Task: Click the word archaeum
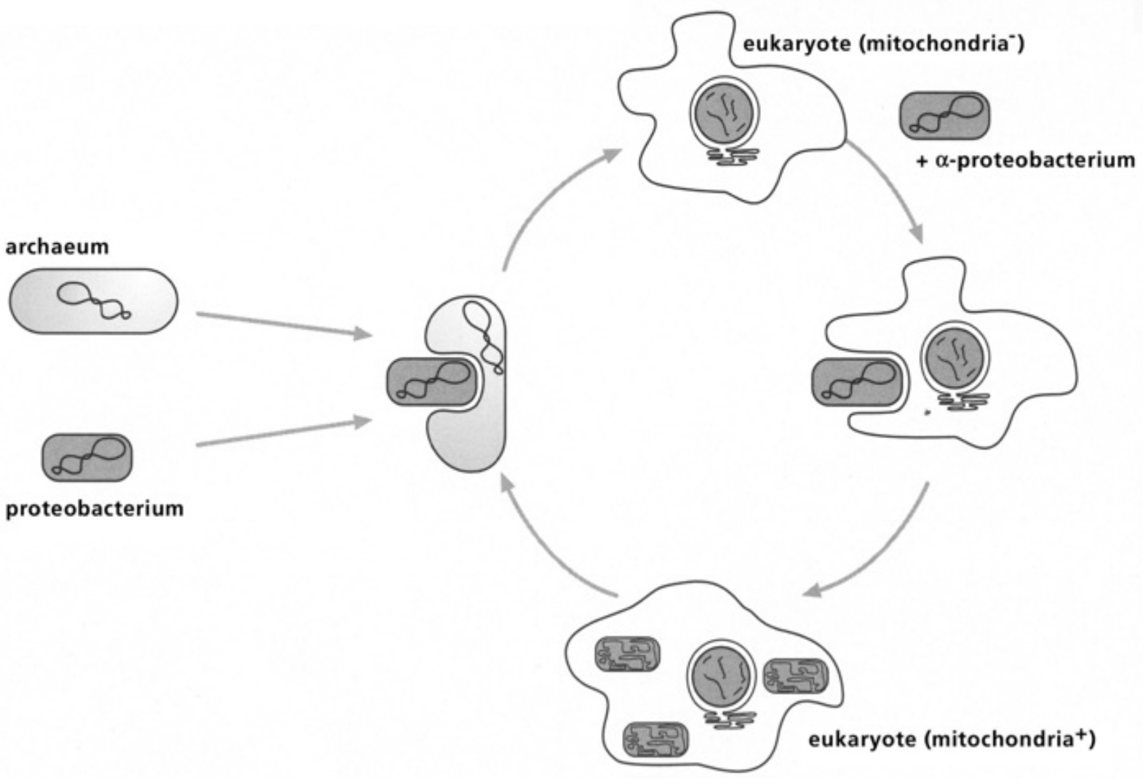tap(57, 247)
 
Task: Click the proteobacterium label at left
tap(94, 507)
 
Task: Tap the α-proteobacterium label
tap(1025, 160)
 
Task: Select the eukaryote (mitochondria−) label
tap(883, 44)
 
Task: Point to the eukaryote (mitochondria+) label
tap(951, 740)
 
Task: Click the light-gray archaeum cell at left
tap(93, 301)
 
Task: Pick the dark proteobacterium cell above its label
tap(87, 457)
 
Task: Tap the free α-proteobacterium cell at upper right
tap(945, 115)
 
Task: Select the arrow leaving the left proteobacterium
tap(284, 432)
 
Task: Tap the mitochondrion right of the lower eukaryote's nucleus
tap(796, 676)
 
